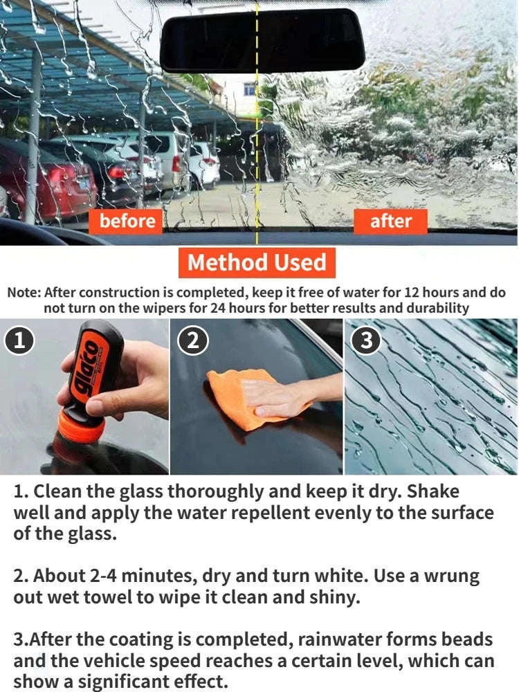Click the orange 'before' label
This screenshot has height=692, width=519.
point(127,221)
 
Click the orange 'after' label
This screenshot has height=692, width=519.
point(390,221)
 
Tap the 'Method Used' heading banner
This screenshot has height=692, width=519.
point(257,263)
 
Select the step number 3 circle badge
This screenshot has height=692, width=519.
point(367,341)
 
